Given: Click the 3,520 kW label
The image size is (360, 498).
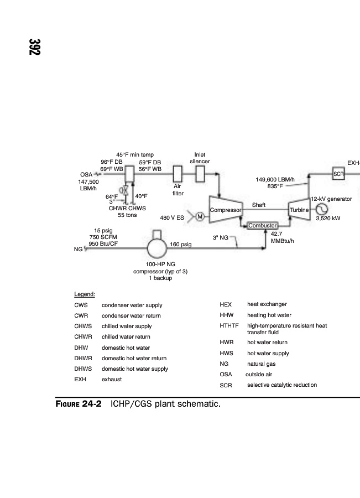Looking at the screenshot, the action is click(x=328, y=219).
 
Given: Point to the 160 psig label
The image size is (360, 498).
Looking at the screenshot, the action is click(x=181, y=244).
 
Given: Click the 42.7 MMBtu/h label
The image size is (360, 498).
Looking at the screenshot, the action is click(x=282, y=237).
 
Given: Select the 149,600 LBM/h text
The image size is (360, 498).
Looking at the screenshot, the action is click(x=275, y=179).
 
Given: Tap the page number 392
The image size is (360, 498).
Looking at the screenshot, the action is click(x=35, y=47).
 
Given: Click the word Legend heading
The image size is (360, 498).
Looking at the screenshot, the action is click(x=85, y=294).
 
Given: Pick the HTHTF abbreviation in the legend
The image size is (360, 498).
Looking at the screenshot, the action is click(x=229, y=325).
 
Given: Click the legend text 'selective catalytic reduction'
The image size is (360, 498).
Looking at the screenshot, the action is click(x=282, y=385).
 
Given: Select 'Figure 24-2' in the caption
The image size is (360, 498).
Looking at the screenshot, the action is click(x=79, y=404).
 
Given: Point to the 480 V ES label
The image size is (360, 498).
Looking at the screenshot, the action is click(x=172, y=218).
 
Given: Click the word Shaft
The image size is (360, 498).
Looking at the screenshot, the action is click(x=259, y=205).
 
